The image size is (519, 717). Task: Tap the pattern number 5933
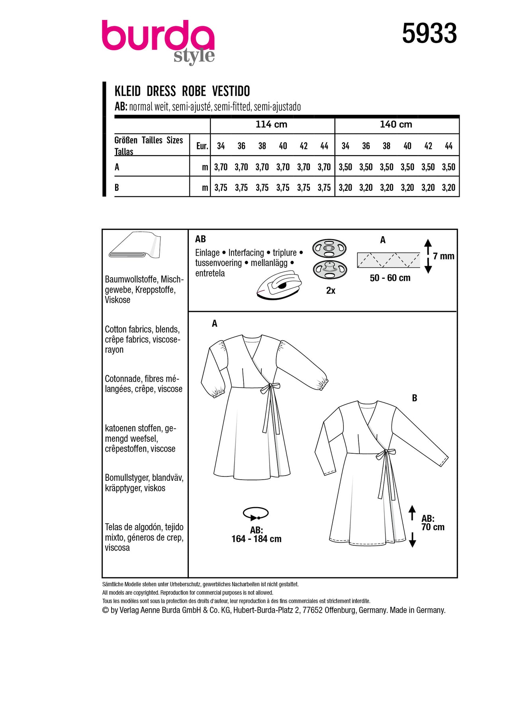click(x=429, y=33)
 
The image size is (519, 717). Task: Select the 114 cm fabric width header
click(x=271, y=125)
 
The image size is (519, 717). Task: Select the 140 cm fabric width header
click(x=396, y=125)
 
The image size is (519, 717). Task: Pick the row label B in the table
click(x=117, y=188)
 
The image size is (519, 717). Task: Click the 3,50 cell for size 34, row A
click(x=345, y=167)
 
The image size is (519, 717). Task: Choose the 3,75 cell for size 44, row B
click(x=324, y=188)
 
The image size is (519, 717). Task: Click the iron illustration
click(x=279, y=284)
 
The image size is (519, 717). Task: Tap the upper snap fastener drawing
click(x=329, y=249)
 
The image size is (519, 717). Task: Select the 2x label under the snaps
click(x=331, y=291)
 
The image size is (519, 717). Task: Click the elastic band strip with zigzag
click(x=388, y=260)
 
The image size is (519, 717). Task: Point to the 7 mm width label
click(x=443, y=257)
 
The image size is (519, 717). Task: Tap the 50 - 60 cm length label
click(x=390, y=278)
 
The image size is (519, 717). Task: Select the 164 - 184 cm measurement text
click(x=257, y=539)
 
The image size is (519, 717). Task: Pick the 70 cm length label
click(x=433, y=527)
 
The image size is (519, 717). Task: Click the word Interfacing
click(x=246, y=253)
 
